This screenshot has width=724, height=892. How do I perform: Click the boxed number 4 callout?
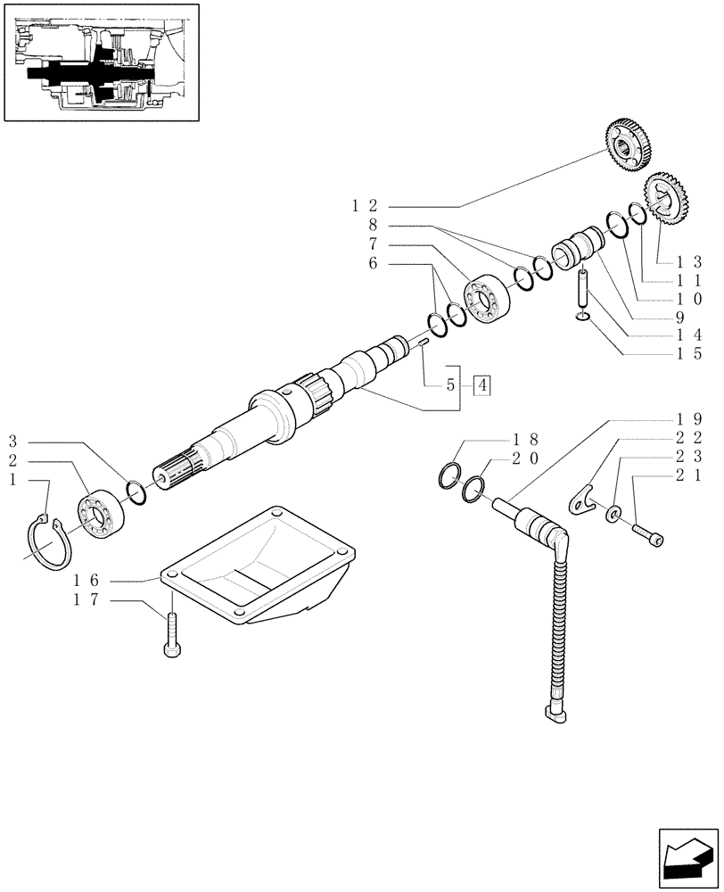(481, 386)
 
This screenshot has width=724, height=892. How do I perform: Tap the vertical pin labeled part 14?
(581, 286)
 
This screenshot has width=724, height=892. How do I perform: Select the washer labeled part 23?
(614, 516)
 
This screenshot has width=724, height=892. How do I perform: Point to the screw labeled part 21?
(649, 532)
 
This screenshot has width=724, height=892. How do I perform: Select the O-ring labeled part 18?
(451, 476)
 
